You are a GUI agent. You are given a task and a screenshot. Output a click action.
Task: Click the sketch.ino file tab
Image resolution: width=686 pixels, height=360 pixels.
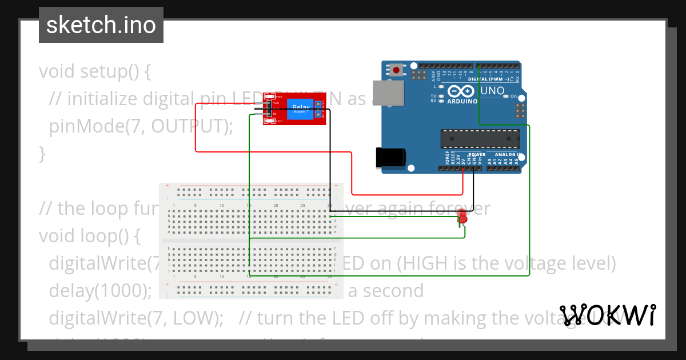click(x=101, y=25)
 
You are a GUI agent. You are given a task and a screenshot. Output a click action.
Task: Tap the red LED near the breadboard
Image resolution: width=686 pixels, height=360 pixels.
click(x=462, y=217)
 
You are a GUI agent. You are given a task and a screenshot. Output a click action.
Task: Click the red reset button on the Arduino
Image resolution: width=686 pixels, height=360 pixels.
click(x=396, y=70)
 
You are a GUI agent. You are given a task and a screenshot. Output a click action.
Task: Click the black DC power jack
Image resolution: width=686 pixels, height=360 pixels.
click(x=390, y=158)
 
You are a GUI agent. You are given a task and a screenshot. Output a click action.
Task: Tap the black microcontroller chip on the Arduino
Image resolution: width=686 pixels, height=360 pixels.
click(x=480, y=139)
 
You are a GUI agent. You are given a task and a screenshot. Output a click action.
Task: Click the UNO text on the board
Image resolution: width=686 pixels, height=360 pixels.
click(x=492, y=91)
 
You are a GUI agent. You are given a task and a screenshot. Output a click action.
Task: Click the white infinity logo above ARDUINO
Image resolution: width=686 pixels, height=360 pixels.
click(x=461, y=91)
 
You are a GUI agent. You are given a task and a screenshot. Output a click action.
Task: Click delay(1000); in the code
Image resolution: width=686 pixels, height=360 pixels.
click(x=100, y=291)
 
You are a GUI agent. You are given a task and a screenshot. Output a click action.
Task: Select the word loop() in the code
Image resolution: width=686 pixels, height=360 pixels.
click(x=112, y=235)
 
